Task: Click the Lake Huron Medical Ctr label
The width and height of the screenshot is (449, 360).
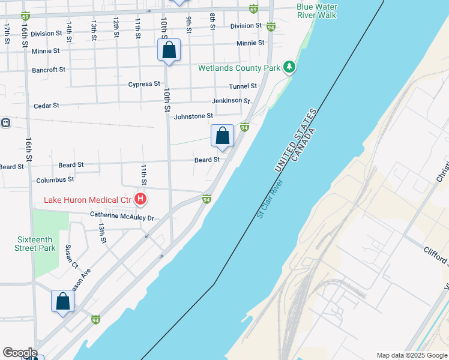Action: (x=87, y=200)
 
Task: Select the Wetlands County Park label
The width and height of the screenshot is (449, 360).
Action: (x=240, y=68)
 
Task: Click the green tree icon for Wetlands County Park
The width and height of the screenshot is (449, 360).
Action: (x=290, y=66)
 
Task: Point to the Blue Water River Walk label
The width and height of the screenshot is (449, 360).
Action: (x=316, y=11)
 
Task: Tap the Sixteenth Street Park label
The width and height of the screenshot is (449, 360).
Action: (x=36, y=244)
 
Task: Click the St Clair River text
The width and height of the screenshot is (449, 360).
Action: (x=269, y=199)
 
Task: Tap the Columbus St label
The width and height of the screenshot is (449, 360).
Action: (x=55, y=179)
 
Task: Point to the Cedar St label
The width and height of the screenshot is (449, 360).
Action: (x=46, y=106)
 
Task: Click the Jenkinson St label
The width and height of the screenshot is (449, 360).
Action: (x=231, y=101)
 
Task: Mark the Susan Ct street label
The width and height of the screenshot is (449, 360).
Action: (x=71, y=256)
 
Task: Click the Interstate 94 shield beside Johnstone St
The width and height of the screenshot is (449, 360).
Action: (x=244, y=127)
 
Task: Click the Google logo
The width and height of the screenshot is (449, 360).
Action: (x=20, y=353)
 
